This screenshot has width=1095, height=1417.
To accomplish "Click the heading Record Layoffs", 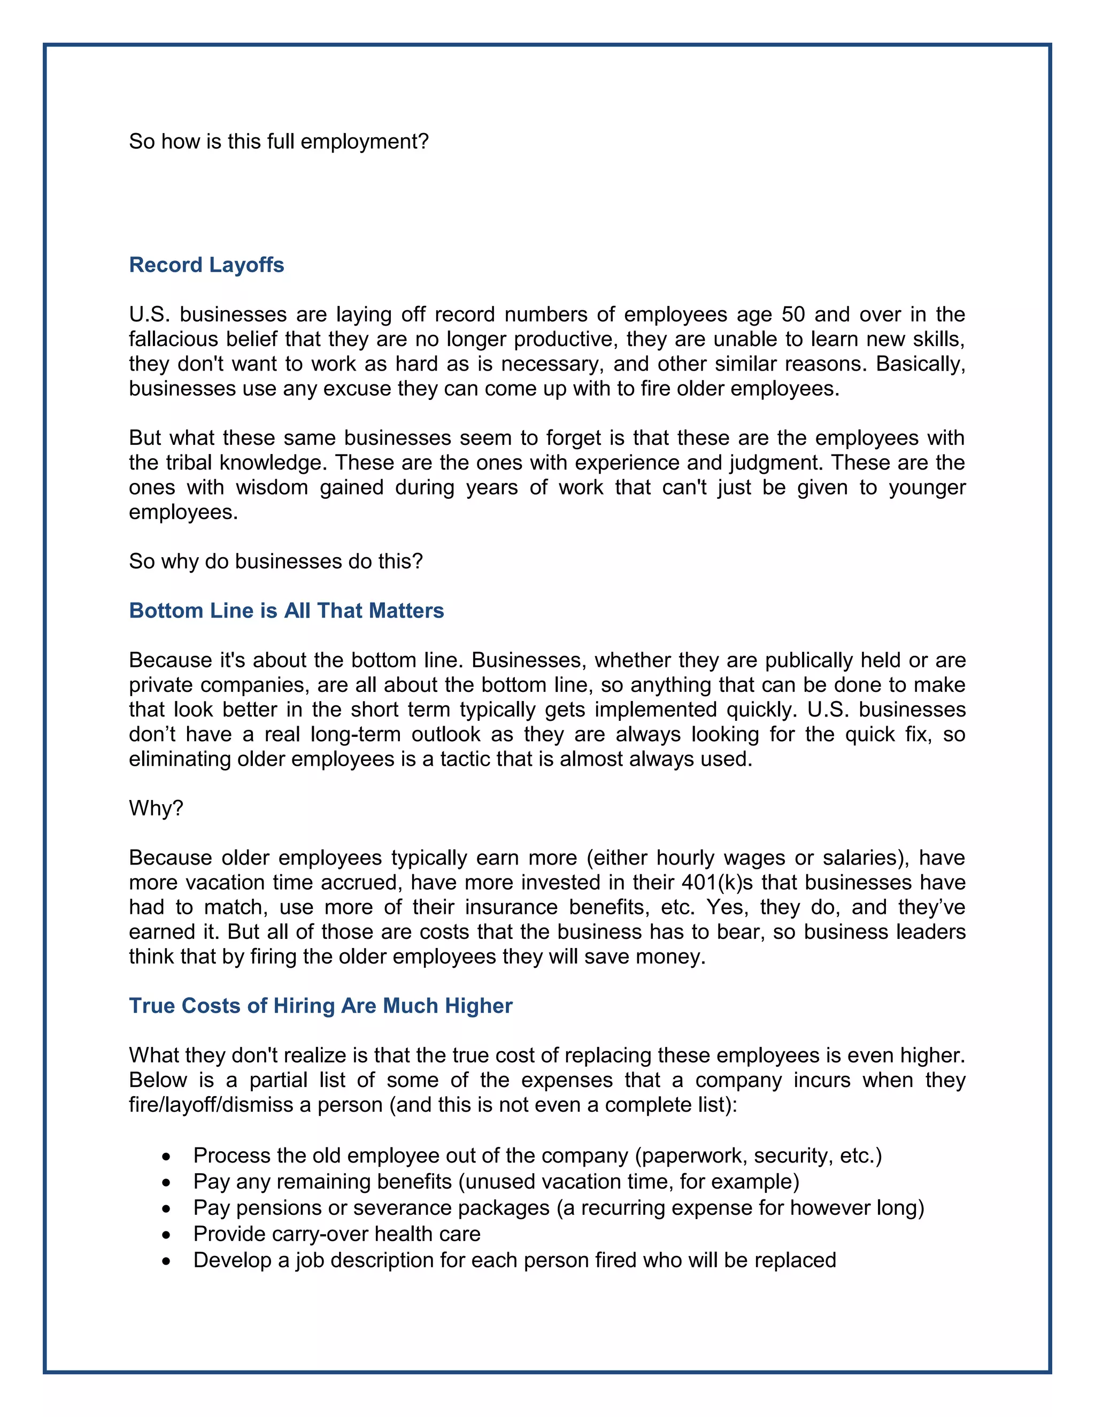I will [x=206, y=265].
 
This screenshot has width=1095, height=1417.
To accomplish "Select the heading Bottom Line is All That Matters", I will [x=286, y=611].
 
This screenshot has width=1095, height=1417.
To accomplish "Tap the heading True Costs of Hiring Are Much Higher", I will [x=320, y=1006].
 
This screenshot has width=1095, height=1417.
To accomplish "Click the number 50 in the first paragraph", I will [x=793, y=314].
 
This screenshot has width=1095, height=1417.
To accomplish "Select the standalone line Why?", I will [x=156, y=808].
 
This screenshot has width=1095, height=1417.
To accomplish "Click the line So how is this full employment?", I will [x=279, y=142].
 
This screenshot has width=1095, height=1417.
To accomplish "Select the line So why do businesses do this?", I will [x=276, y=561].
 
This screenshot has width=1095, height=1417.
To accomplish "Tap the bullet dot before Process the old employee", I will [x=167, y=1157].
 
